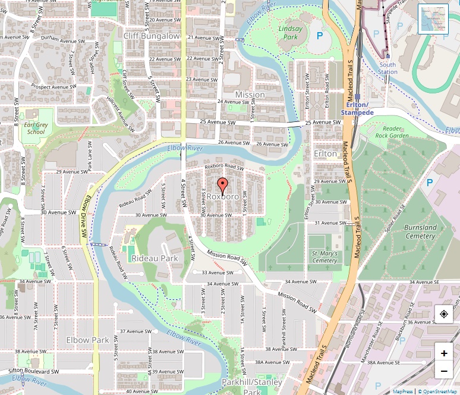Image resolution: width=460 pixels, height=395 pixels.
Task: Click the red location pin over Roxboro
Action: pyautogui.click(x=222, y=185)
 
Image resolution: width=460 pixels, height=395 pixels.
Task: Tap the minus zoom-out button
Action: pyautogui.click(x=444, y=372)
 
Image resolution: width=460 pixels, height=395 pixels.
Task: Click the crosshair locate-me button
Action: pyautogui.click(x=444, y=314)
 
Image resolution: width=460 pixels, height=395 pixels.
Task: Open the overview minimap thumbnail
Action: pyautogui.click(x=433, y=19)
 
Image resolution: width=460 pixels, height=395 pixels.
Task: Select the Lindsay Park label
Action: pyautogui.click(x=291, y=33)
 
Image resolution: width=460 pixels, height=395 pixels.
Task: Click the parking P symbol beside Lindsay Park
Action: pyautogui.click(x=320, y=36)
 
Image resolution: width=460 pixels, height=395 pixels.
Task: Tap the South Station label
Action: pyautogui.click(x=387, y=68)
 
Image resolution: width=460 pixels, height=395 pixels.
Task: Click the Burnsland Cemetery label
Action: pyautogui.click(x=420, y=231)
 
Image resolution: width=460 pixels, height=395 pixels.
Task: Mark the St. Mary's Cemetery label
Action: pyautogui.click(x=324, y=257)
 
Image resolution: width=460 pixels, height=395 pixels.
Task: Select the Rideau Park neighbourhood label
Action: pyautogui.click(x=155, y=259)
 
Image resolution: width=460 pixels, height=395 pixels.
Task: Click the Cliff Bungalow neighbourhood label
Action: pyautogui.click(x=152, y=36)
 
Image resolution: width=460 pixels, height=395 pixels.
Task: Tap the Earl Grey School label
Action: pyautogui.click(x=36, y=128)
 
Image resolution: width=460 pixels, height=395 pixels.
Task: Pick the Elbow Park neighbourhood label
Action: pyautogui.click(x=87, y=340)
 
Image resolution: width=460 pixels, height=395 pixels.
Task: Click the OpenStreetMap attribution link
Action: pyautogui.click(x=437, y=391)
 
